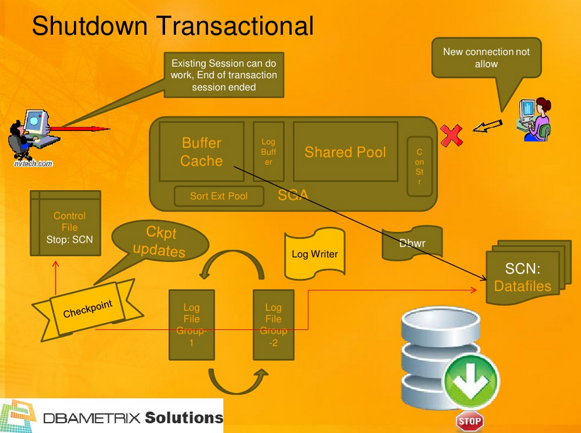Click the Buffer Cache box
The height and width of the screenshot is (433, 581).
click(201, 152)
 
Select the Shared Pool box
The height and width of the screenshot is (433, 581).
click(345, 152)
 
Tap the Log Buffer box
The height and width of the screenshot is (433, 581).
click(268, 152)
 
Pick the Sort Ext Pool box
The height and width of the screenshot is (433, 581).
click(219, 196)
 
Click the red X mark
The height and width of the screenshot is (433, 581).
click(452, 135)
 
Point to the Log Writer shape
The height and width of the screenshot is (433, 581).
click(314, 253)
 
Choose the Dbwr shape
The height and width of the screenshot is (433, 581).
click(412, 244)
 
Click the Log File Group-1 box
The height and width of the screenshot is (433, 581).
click(192, 324)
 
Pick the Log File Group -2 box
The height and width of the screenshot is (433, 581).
click(273, 324)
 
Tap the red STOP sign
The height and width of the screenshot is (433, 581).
click(470, 421)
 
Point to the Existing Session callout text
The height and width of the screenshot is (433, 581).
click(224, 75)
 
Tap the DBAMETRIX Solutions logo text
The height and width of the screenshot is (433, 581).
click(133, 417)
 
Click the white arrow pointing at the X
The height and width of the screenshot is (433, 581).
click(487, 126)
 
